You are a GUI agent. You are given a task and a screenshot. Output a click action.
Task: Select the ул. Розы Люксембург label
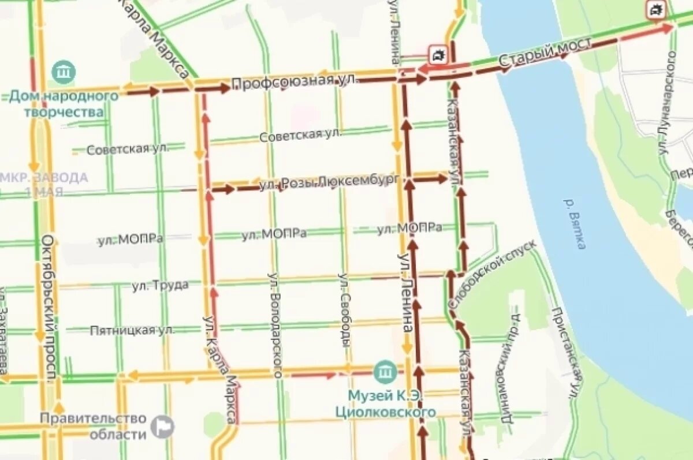click(x=329, y=183)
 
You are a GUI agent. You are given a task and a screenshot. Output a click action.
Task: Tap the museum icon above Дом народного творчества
click(x=64, y=72)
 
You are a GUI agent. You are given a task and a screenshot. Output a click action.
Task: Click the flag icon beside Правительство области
click(x=162, y=427)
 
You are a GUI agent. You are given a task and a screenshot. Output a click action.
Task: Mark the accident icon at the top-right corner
click(x=656, y=9)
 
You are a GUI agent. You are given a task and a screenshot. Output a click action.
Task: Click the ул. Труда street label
click(x=160, y=285)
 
